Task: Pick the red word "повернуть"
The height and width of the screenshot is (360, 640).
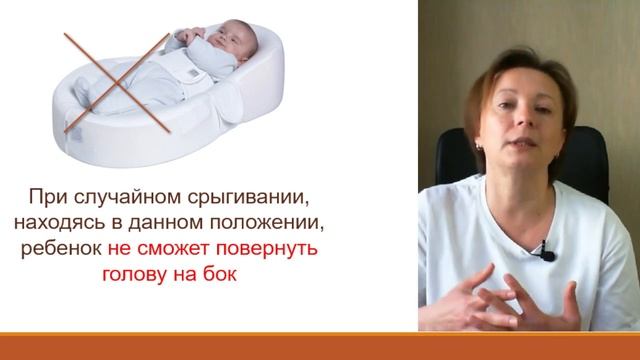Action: tap(280, 248)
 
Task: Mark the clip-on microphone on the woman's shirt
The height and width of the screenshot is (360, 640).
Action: tap(547, 255)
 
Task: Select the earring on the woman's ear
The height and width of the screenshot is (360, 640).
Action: tap(479, 146)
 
